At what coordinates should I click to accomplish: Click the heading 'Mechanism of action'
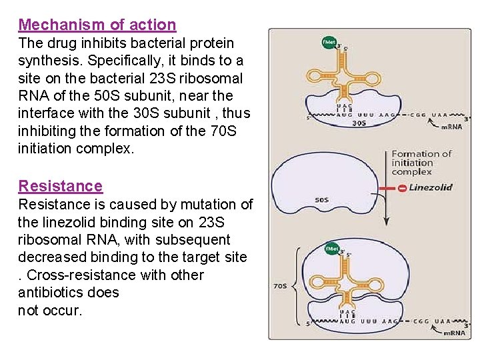click(97, 25)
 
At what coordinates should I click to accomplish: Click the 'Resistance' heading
click(61, 186)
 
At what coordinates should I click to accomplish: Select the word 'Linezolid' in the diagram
click(430, 187)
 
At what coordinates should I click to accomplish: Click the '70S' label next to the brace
click(281, 287)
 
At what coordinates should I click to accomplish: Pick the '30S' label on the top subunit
click(358, 123)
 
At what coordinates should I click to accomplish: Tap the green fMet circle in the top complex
click(329, 42)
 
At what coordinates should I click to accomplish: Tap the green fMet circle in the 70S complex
click(331, 249)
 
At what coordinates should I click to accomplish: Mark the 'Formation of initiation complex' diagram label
click(421, 163)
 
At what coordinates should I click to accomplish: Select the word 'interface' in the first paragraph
click(47, 114)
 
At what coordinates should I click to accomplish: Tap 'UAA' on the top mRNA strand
click(439, 115)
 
